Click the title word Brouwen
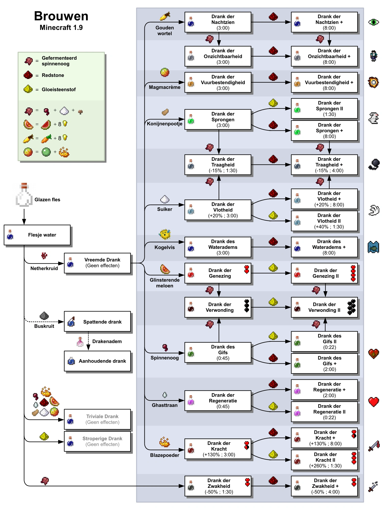click(61, 16)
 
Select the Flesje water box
click(37, 235)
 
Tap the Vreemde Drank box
click(97, 263)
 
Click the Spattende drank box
click(97, 322)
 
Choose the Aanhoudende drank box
click(97, 361)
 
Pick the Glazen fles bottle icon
click(24, 195)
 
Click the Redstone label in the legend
click(53, 75)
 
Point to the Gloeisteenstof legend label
click(59, 90)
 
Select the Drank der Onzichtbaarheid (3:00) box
click(218, 56)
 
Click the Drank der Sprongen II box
click(324, 109)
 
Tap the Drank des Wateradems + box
click(324, 247)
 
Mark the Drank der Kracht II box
click(324, 460)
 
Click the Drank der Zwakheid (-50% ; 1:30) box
click(218, 486)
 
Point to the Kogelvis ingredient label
click(165, 247)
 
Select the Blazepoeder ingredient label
click(165, 455)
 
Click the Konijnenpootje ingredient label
click(165, 124)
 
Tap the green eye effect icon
click(374, 22)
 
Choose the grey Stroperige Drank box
click(97, 441)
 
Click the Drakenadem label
click(107, 341)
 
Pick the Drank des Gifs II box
click(324, 341)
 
